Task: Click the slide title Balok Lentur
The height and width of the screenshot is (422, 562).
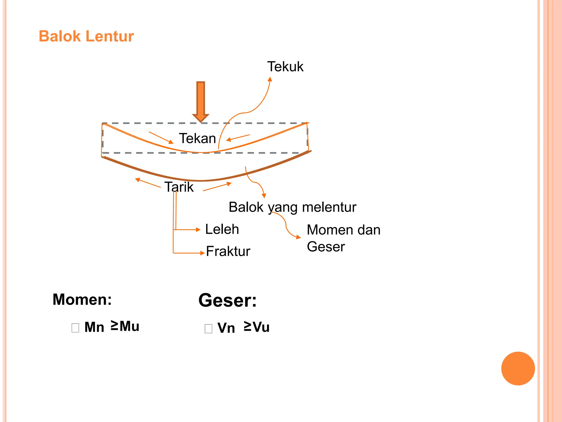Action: [86, 36]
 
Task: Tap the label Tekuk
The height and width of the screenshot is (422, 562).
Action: [285, 67]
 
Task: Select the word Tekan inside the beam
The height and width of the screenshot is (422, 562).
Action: [197, 138]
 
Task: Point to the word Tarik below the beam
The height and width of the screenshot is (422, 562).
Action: [179, 187]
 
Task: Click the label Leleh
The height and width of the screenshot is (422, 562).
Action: [222, 229]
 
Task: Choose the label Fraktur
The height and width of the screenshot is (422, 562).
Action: [228, 251]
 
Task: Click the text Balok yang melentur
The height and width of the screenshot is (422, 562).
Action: [292, 207]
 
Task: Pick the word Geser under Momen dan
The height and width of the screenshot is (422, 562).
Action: [326, 247]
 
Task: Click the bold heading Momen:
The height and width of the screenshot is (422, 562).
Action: [82, 299]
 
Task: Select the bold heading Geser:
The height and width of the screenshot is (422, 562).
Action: [227, 300]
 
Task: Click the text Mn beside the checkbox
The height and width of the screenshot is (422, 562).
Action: [94, 327]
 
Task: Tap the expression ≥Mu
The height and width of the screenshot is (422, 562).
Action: [125, 326]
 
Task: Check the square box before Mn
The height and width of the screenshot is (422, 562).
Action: [75, 328]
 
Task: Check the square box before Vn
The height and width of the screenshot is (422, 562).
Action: [208, 329]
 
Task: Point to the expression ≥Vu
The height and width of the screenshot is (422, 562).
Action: [257, 327]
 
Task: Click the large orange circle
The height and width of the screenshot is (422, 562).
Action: [518, 368]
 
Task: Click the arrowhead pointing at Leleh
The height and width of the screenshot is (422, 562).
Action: [198, 230]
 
